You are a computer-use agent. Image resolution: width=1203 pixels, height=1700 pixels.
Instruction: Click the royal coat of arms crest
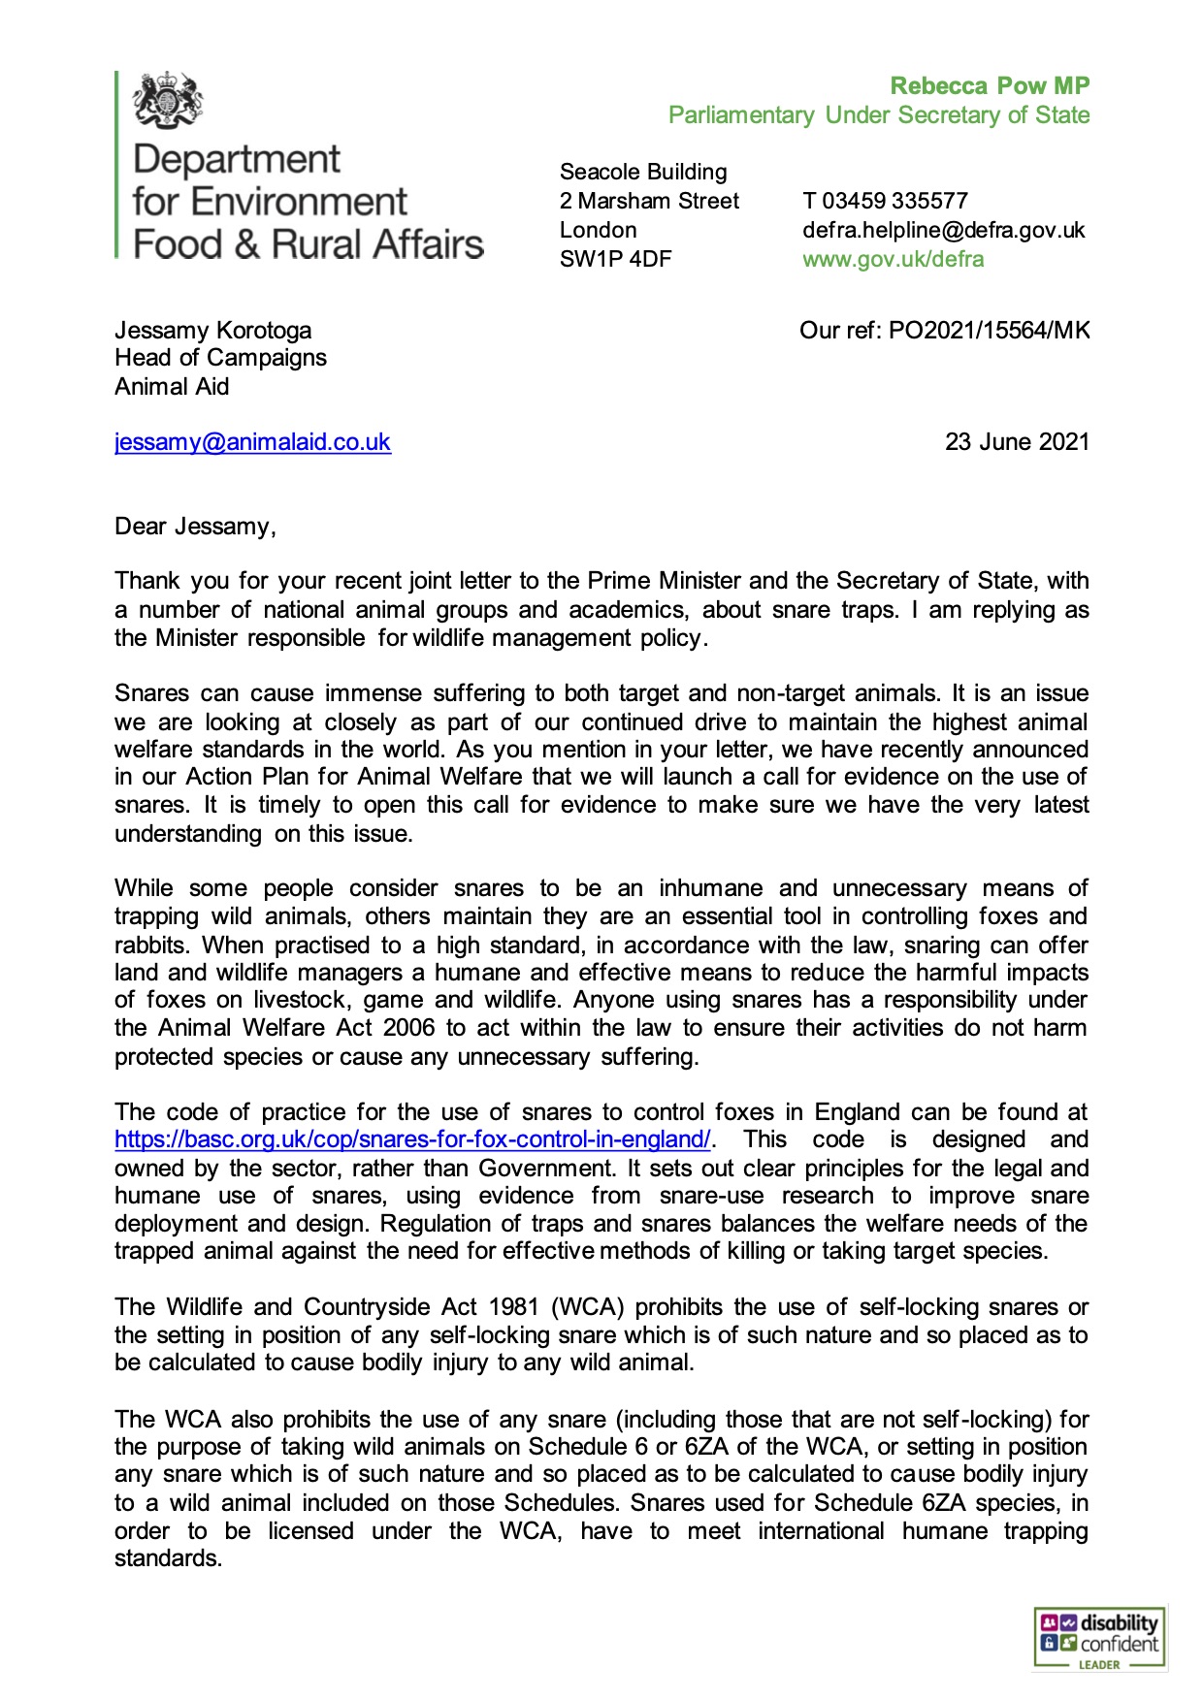pyautogui.click(x=168, y=100)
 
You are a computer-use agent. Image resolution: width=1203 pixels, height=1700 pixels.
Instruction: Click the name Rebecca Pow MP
pyautogui.click(x=990, y=86)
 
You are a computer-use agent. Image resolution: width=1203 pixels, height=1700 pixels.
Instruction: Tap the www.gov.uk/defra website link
pyautogui.click(x=893, y=259)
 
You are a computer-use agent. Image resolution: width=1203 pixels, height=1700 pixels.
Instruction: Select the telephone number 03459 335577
pyautogui.click(x=894, y=201)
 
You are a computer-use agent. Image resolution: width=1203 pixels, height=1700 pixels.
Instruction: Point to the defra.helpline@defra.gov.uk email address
pyautogui.click(x=943, y=230)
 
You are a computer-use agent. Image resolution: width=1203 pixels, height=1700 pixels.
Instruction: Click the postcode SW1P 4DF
pyautogui.click(x=615, y=259)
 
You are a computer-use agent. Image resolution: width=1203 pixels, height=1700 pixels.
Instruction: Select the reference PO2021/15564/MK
pyautogui.click(x=989, y=331)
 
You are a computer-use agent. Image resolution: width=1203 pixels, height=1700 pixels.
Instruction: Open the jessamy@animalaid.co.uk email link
pyautogui.click(x=252, y=442)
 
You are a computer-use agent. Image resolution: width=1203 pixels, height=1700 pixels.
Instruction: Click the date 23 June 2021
pyautogui.click(x=1017, y=442)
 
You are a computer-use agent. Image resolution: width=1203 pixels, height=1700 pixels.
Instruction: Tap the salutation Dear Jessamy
pyautogui.click(x=195, y=527)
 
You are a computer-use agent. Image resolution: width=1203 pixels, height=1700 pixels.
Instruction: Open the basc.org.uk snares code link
pyautogui.click(x=412, y=1139)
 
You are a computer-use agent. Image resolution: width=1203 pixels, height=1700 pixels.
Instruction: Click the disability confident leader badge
pyautogui.click(x=1098, y=1638)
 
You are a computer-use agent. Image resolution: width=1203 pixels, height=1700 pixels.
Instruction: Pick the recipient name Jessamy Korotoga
pyautogui.click(x=212, y=331)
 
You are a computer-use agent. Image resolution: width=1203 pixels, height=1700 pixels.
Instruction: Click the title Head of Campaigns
pyautogui.click(x=220, y=358)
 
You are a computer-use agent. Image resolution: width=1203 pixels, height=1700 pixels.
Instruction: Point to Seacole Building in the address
pyautogui.click(x=642, y=172)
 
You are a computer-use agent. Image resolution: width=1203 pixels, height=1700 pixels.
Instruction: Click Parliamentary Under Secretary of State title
pyautogui.click(x=878, y=115)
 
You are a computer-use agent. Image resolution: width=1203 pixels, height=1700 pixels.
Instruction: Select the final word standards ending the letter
pyautogui.click(x=168, y=1558)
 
